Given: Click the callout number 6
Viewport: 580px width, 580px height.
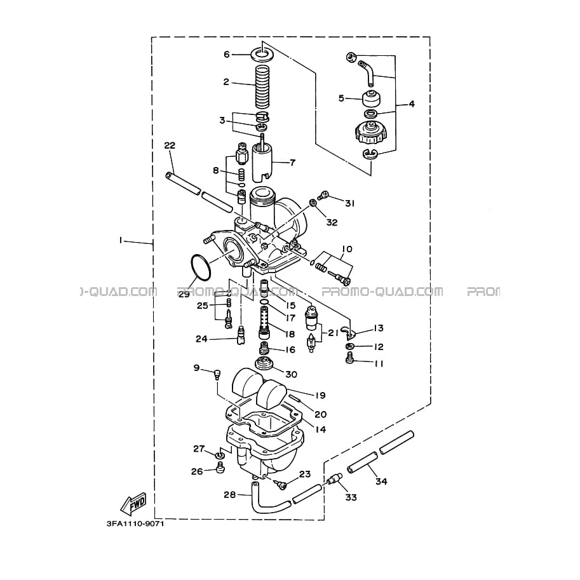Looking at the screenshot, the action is pyautogui.click(x=227, y=55).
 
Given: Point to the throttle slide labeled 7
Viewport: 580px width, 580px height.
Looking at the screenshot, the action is pyautogui.click(x=262, y=163).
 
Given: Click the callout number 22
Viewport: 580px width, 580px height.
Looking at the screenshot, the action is pyautogui.click(x=170, y=145).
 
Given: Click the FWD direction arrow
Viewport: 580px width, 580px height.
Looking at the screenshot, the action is pyautogui.click(x=133, y=504).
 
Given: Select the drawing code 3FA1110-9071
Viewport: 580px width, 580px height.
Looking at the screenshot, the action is pyautogui.click(x=135, y=523).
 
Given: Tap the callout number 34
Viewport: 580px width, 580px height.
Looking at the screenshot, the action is pyautogui.click(x=381, y=482).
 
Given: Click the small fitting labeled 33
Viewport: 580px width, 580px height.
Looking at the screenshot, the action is pyautogui.click(x=332, y=480).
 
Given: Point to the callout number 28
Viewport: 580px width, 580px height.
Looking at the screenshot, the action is pyautogui.click(x=230, y=494).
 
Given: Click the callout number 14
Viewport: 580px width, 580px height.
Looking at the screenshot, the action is pyautogui.click(x=321, y=429).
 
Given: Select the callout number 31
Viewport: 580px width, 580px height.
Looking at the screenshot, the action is pyautogui.click(x=349, y=203).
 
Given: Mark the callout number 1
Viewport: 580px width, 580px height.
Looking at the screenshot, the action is pyautogui.click(x=120, y=240).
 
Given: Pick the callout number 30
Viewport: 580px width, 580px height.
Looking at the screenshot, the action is pyautogui.click(x=292, y=374).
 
